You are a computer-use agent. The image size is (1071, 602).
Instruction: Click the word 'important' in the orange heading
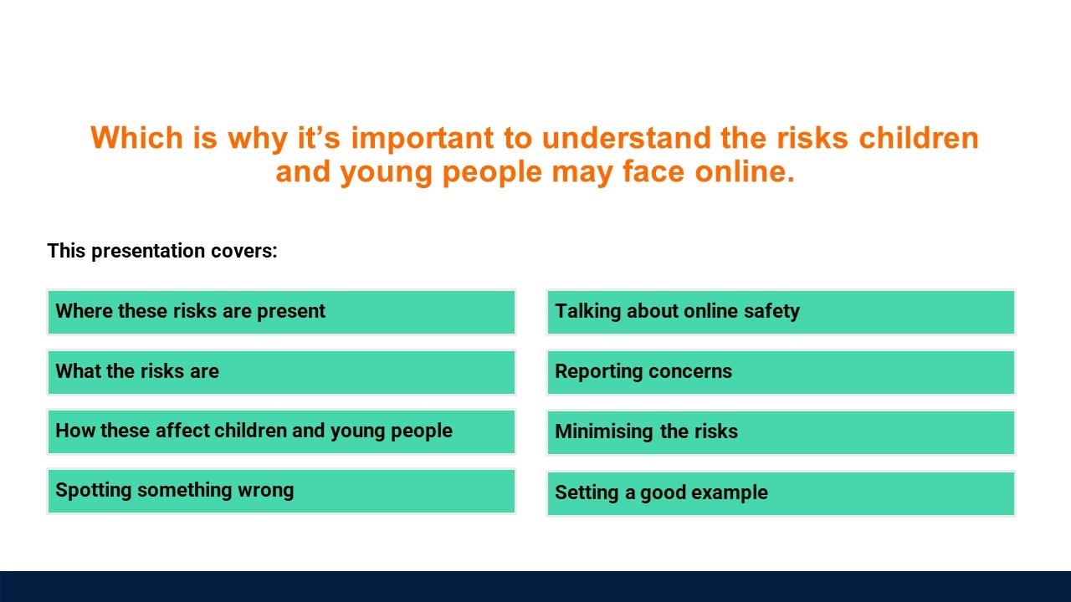click(x=423, y=139)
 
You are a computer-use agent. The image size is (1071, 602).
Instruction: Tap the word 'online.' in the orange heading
click(x=745, y=171)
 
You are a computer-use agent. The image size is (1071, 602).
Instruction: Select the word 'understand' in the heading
click(x=626, y=138)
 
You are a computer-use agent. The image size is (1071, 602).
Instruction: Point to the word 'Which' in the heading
click(x=136, y=138)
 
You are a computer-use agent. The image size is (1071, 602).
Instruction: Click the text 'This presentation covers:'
click(x=162, y=251)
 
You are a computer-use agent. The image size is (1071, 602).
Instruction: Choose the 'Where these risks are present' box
click(x=282, y=312)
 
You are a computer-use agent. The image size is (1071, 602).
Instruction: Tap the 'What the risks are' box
click(x=282, y=372)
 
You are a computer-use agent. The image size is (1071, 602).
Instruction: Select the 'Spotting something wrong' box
click(x=282, y=491)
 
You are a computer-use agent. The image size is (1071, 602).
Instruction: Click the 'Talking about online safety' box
click(x=781, y=312)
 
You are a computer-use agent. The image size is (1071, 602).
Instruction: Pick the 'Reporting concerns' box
click(x=781, y=372)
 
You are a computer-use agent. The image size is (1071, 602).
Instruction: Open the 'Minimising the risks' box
click(x=781, y=432)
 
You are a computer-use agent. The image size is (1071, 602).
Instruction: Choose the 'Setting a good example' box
click(x=781, y=493)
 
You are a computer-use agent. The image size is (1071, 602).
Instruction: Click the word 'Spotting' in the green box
click(x=93, y=491)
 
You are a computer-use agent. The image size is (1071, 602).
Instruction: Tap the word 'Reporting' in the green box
click(x=598, y=372)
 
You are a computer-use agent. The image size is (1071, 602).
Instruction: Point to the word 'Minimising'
click(x=604, y=431)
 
